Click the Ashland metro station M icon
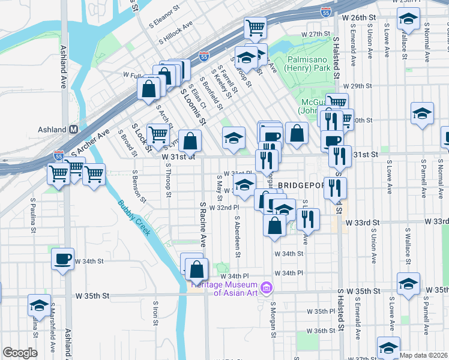click(74, 129)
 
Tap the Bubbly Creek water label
click(133, 217)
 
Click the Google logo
click(20, 353)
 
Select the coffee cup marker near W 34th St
click(62, 259)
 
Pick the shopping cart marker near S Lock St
click(157, 134)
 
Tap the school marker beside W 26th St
click(408, 20)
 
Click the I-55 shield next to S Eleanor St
click(325, 12)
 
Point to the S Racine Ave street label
click(203, 224)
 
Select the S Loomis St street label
click(193, 104)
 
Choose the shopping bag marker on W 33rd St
click(274, 226)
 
